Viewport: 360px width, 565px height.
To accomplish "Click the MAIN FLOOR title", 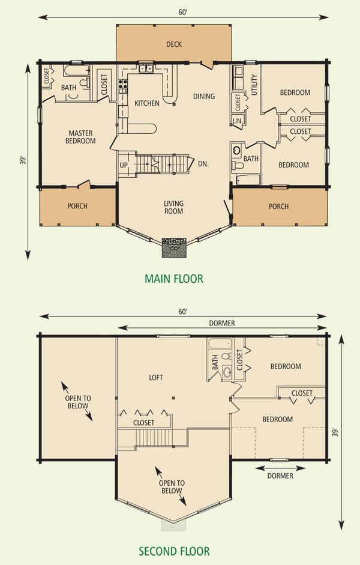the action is click(174, 279).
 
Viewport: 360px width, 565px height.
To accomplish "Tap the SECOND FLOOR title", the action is click(174, 551).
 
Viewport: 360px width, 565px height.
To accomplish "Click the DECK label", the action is click(174, 44).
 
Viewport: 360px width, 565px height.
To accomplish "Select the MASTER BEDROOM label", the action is click(80, 137).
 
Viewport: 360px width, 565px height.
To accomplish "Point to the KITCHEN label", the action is click(147, 103).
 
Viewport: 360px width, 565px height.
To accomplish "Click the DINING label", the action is click(204, 96).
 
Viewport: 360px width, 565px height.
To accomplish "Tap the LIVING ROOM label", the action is click(173, 207).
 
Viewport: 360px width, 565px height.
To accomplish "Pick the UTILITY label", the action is click(254, 85).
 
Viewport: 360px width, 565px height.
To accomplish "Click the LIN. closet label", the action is click(238, 121).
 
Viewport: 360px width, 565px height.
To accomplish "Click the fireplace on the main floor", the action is click(174, 247).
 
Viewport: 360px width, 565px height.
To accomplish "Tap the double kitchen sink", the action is click(146, 67).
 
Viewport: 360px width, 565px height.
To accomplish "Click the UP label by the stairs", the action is click(124, 165).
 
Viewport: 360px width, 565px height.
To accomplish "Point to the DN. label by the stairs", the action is click(203, 163).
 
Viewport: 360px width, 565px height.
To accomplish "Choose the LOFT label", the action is click(156, 377).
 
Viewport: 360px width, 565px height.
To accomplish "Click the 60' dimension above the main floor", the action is click(183, 12).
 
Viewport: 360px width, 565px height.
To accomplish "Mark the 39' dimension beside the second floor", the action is click(335, 432).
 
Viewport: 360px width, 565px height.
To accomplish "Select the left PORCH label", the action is click(77, 206).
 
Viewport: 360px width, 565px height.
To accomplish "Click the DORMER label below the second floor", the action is click(280, 476).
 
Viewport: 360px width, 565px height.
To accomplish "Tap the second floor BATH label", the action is click(215, 363).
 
